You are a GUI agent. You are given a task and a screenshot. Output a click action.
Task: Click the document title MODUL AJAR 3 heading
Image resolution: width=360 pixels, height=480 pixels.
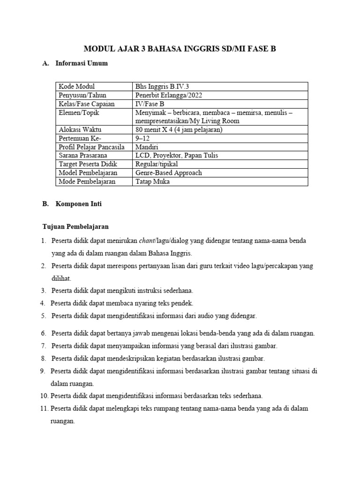pos(180,48)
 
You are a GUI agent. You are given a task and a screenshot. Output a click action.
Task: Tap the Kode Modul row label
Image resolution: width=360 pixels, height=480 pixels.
pos(76,86)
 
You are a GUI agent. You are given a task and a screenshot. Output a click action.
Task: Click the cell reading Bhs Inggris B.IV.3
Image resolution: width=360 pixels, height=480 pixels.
pos(162,86)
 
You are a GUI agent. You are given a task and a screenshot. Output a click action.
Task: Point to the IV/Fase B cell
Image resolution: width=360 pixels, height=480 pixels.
pos(150,104)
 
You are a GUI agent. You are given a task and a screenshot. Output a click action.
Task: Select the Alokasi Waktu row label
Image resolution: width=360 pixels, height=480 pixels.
pos(80,129)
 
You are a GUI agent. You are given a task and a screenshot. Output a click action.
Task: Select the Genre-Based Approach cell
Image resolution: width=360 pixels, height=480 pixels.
pos(168,172)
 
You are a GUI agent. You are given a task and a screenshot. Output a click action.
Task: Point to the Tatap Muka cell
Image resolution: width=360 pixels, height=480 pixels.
pos(152,181)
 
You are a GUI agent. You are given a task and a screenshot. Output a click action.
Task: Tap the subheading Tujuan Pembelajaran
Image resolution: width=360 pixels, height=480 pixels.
pos(75,227)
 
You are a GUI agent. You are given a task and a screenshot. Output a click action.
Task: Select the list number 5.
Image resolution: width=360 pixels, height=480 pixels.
pos(43,316)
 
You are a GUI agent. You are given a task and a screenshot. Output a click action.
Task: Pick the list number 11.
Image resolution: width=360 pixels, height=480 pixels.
pos(44,408)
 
